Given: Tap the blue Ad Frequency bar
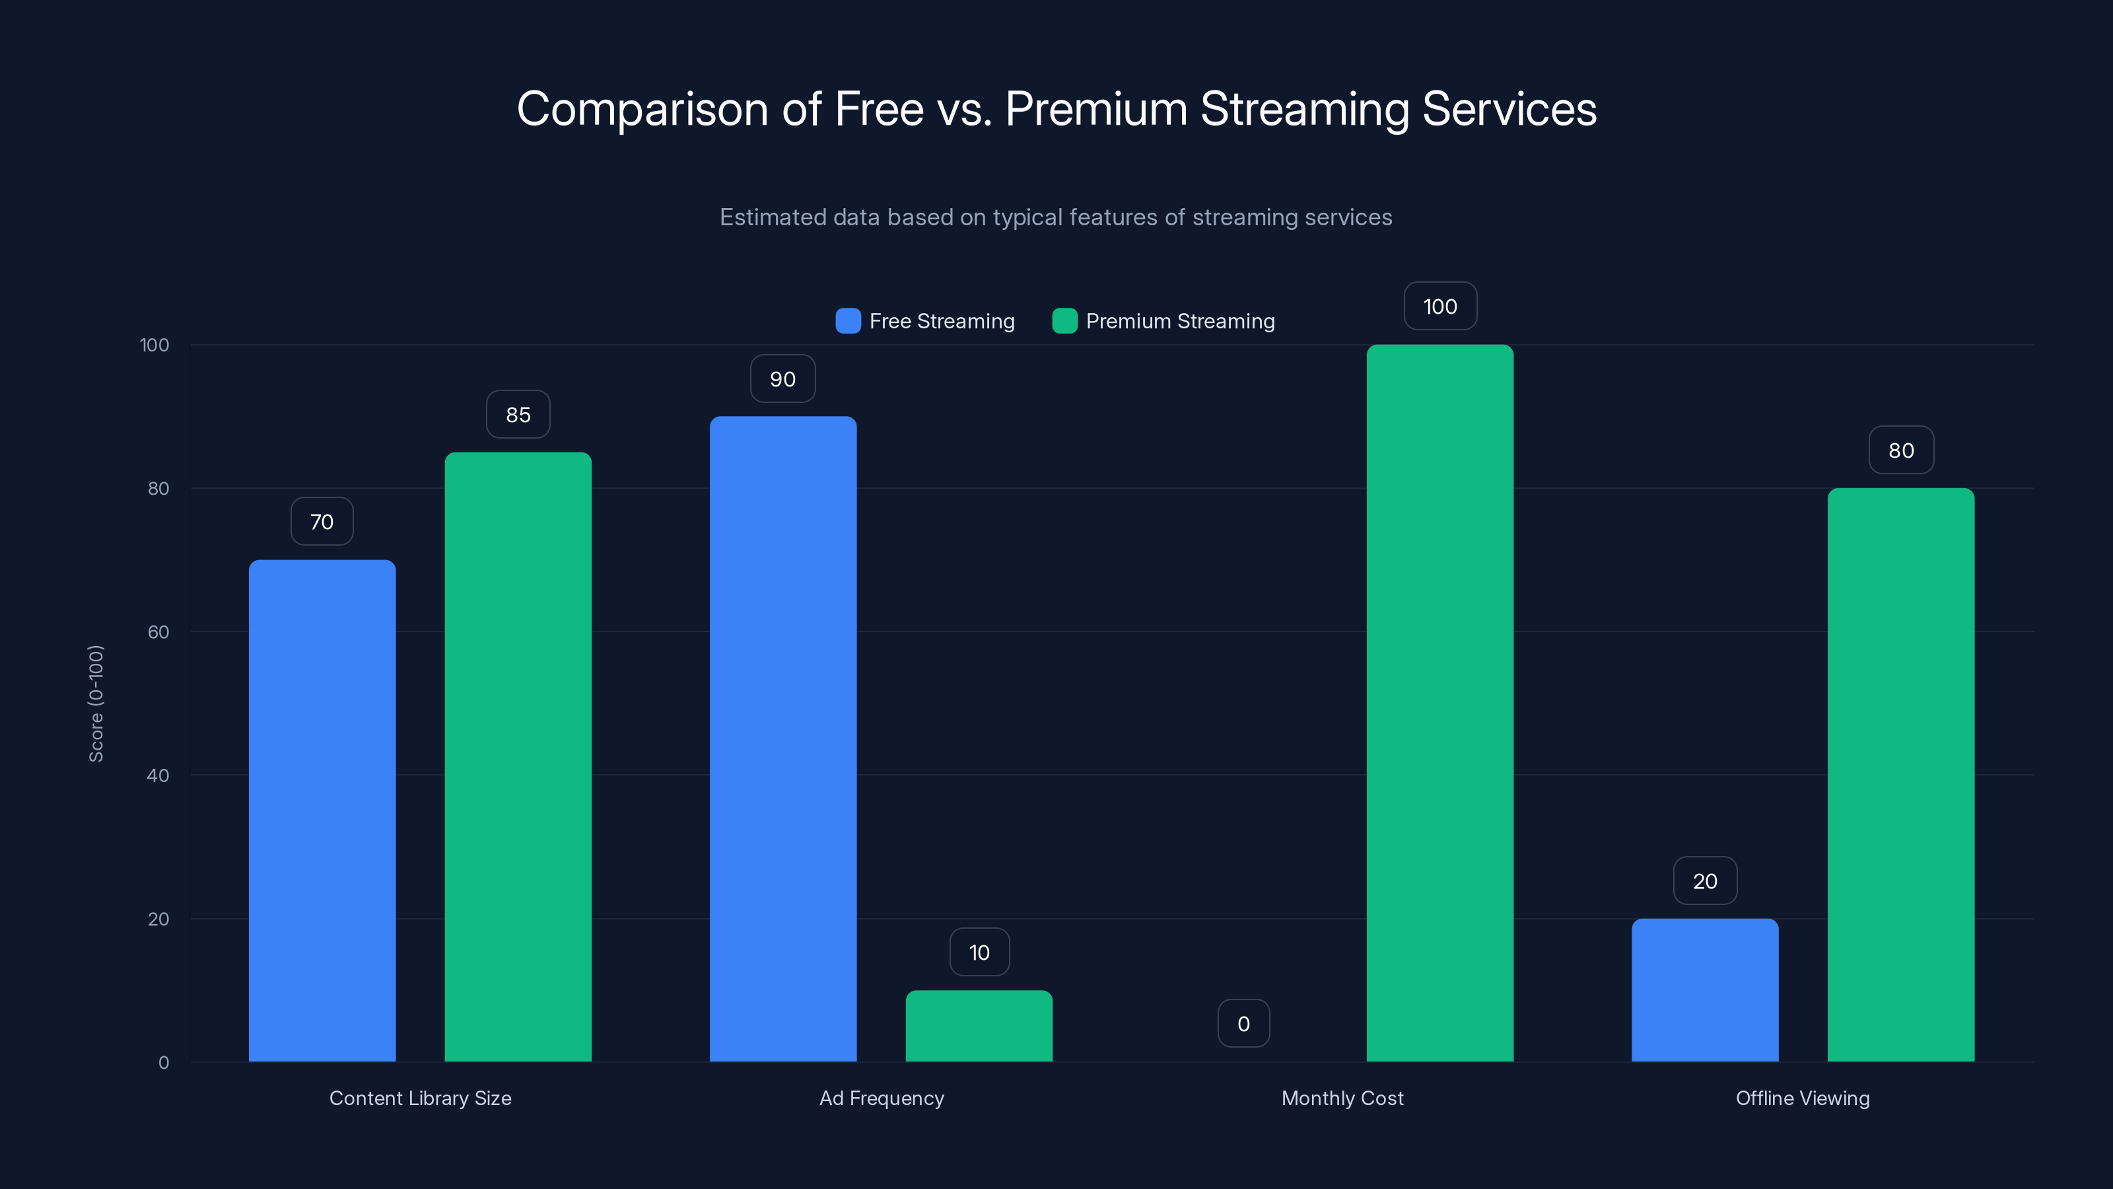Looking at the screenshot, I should pos(782,739).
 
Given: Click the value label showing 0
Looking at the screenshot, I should pos(1243,1023).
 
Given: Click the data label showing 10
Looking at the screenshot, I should pos(979,952).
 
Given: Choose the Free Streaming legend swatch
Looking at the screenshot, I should pos(847,321).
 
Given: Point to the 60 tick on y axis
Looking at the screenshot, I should pos(158,632).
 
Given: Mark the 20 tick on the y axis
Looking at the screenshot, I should pos(158,919).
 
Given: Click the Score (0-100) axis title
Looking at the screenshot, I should pos(96,703).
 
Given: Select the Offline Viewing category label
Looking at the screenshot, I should pos(1802,1098).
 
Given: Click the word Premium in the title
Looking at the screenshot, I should pos(1096,108).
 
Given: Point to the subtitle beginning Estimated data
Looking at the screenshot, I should pos(1056,217).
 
